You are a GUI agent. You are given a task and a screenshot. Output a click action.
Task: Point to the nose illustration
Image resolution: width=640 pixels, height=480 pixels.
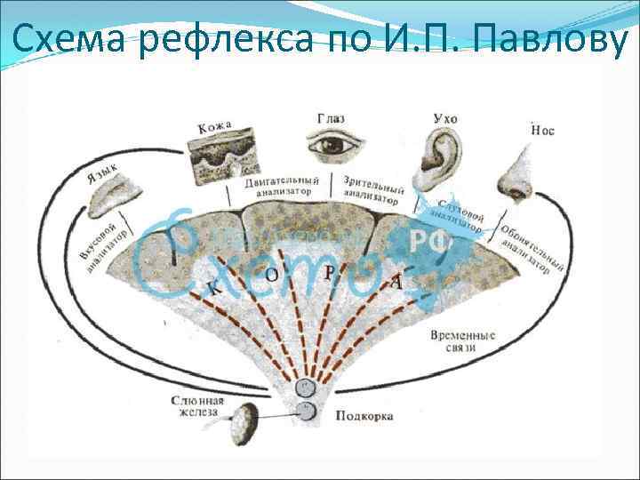point(513,174)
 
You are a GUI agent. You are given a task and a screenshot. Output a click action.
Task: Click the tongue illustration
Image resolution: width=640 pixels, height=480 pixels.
point(110,195)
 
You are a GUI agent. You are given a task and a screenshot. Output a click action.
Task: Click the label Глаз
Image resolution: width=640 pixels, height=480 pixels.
point(331,117)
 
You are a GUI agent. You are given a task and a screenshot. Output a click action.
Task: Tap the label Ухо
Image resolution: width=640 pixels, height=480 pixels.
point(444,117)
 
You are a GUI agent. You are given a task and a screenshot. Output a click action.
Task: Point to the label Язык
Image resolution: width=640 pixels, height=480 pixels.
point(102,168)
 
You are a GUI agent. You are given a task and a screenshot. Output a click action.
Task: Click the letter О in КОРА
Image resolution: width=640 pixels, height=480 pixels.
point(272,276)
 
